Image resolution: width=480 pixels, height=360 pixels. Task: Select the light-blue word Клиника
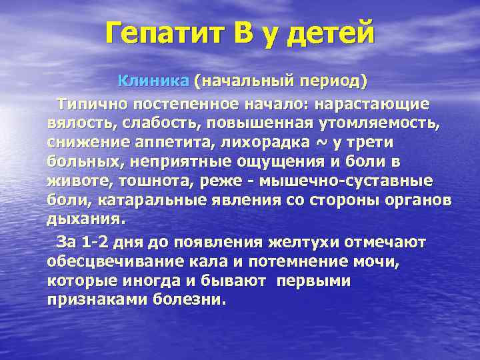(154, 82)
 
